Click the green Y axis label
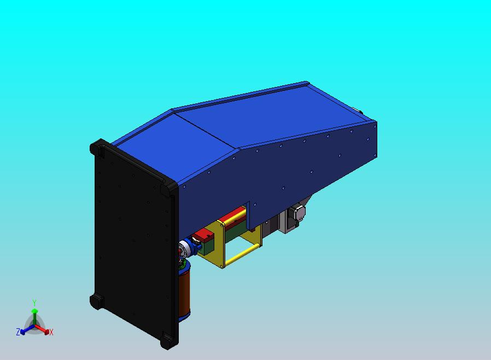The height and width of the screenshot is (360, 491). point(34,303)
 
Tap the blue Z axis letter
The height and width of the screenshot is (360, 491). point(18,332)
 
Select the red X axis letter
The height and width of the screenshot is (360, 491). point(51,333)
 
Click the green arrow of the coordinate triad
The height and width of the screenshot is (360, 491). point(34,317)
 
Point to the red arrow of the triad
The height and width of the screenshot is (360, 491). point(42,329)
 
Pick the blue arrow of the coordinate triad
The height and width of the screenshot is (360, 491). point(27,329)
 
